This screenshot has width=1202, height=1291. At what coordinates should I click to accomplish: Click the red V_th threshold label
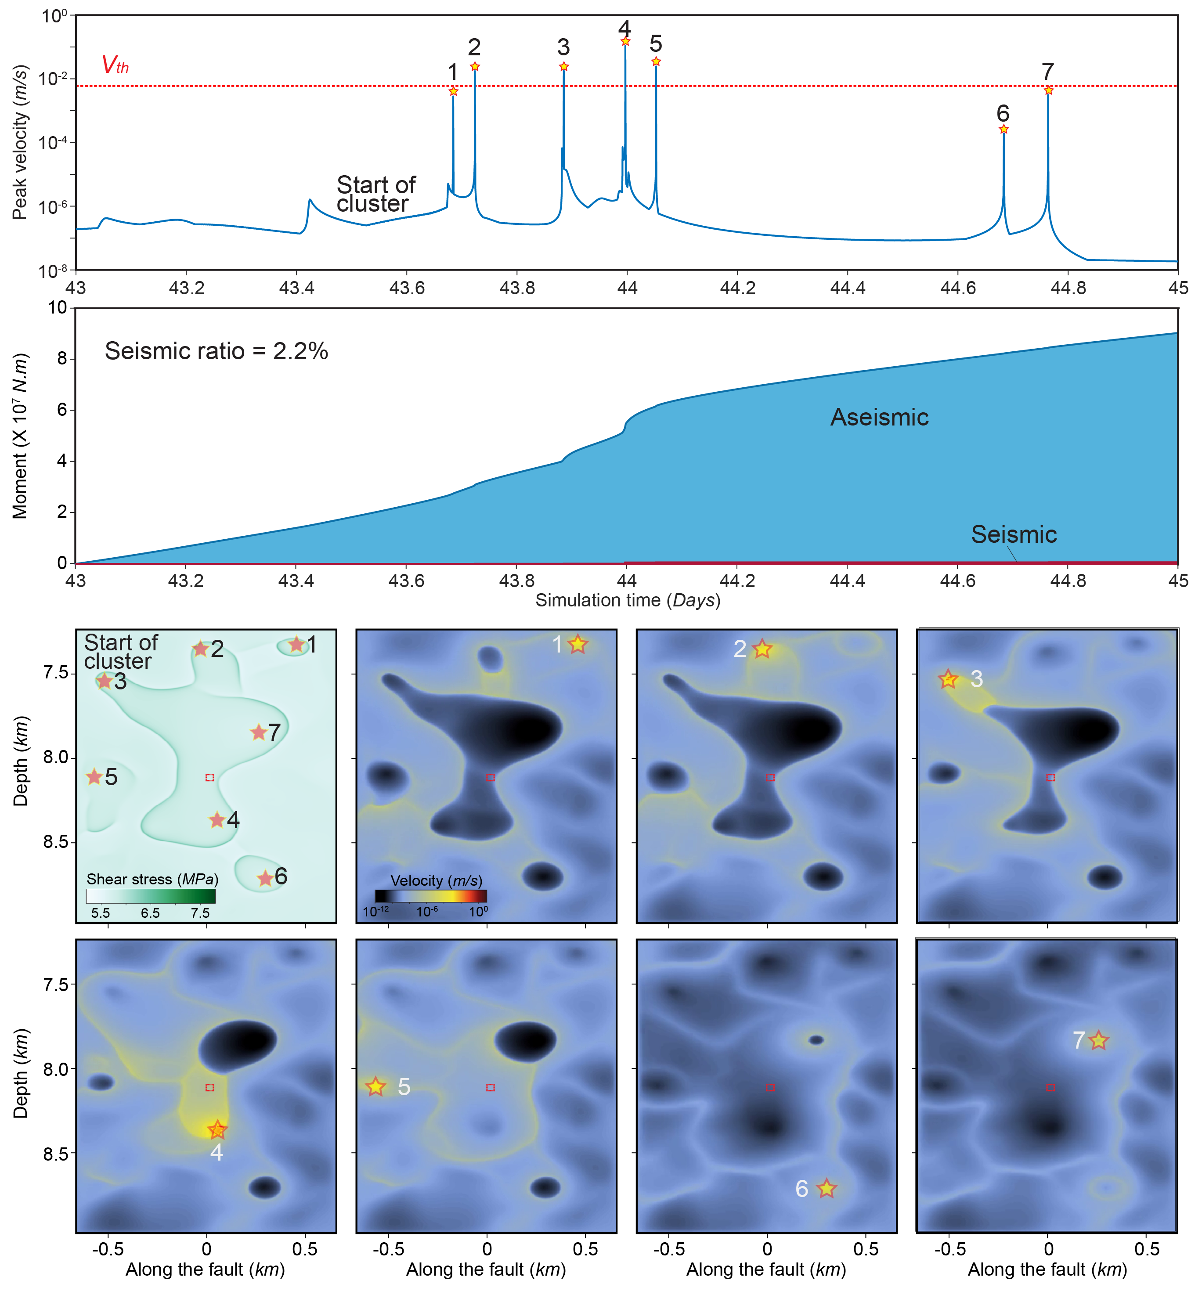pos(115,65)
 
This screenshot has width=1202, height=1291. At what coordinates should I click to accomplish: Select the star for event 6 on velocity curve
pos(1003,129)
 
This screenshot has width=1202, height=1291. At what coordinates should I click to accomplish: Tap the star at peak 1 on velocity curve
pos(453,92)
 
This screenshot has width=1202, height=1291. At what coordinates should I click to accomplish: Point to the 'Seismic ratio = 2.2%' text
pos(216,351)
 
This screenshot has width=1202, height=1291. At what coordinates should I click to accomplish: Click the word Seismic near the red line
pos(1013,534)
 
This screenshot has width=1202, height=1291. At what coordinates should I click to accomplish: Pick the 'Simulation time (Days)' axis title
pos(627,601)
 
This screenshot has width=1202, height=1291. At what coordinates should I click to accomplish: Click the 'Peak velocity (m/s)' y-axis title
pos(20,142)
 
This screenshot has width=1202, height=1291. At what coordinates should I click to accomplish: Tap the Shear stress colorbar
pos(151,896)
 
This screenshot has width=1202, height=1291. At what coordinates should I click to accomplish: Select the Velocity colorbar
pos(430,896)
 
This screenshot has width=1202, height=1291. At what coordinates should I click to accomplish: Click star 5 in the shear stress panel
pos(94,777)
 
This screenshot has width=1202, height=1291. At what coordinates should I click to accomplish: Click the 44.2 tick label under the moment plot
pos(737,581)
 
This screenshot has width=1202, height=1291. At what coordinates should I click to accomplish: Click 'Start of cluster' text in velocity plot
pos(375,194)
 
